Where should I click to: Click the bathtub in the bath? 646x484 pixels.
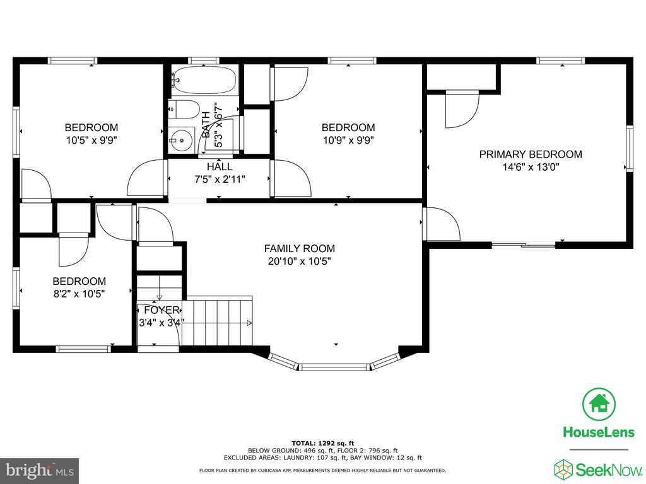tap(204, 80)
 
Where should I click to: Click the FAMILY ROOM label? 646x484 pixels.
tap(300, 248)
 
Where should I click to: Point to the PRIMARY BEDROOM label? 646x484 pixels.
tap(531, 154)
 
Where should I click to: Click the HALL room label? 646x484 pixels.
tap(220, 166)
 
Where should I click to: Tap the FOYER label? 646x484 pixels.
tap(162, 310)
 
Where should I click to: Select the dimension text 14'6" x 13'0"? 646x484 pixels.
tap(531, 167)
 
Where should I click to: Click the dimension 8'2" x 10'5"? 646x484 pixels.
tap(79, 294)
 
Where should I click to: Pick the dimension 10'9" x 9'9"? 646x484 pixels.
tap(348, 141)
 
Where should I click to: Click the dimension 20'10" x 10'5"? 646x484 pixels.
tap(300, 262)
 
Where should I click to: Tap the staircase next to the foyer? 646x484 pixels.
tap(218, 321)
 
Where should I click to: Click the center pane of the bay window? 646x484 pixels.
tap(333, 367)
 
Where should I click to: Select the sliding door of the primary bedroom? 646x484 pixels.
tap(524, 245)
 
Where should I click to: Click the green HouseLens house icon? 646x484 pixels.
tap(599, 404)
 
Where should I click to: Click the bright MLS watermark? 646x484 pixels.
tap(40, 470)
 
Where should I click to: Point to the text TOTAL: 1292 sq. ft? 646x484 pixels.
tap(323, 443)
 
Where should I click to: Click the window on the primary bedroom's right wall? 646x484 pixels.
tap(630, 148)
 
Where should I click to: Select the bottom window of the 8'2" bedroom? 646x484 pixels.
tap(84, 349)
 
